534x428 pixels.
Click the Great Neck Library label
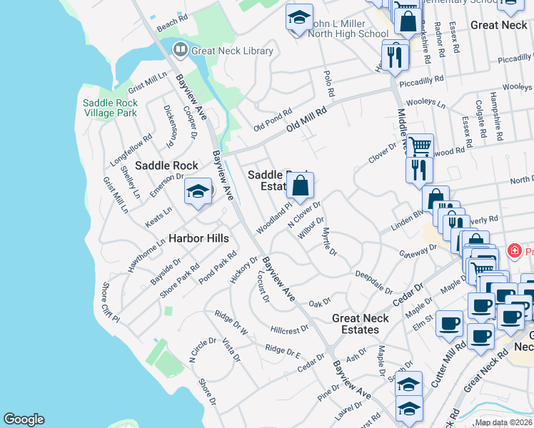(x=232, y=51)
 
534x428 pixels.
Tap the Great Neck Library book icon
(x=180, y=50)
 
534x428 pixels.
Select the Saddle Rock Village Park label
(x=109, y=108)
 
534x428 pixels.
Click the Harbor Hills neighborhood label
(x=198, y=238)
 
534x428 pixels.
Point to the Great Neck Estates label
(x=360, y=324)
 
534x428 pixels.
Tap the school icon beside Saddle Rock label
(x=198, y=191)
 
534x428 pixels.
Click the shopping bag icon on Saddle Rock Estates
(x=301, y=187)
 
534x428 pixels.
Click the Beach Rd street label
(x=171, y=25)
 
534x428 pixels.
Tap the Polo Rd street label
(x=329, y=83)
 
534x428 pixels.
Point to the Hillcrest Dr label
(x=289, y=329)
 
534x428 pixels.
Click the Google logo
(x=24, y=419)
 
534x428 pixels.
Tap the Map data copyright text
(x=504, y=422)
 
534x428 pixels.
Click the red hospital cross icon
(x=513, y=251)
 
